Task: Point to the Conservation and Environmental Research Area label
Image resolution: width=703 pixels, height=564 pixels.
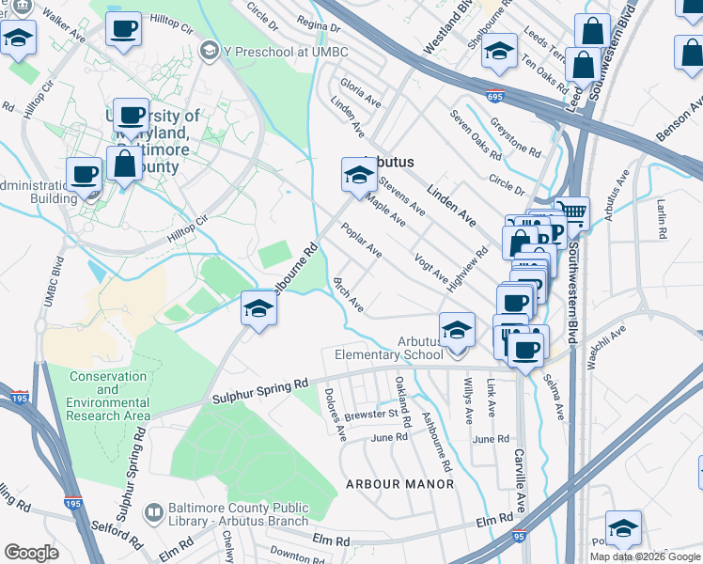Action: click(x=108, y=396)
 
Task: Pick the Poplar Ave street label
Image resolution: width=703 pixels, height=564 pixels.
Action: click(x=362, y=240)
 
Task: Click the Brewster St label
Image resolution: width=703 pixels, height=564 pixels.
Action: click(x=371, y=414)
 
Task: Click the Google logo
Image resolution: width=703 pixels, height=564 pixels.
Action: click(x=32, y=552)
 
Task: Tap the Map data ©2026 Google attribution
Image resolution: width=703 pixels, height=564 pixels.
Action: click(x=644, y=556)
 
